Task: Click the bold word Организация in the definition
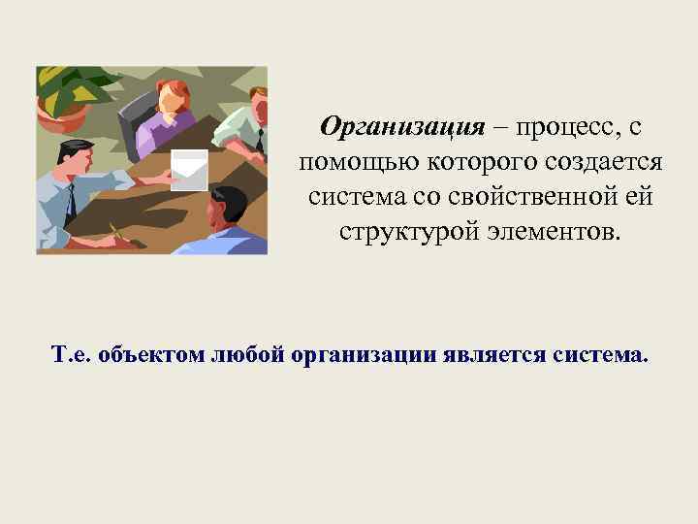(x=401, y=128)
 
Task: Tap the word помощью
(x=352, y=162)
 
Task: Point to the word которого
(x=464, y=162)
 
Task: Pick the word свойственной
(x=520, y=196)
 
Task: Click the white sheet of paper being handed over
(x=188, y=171)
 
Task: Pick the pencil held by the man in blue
(x=115, y=233)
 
